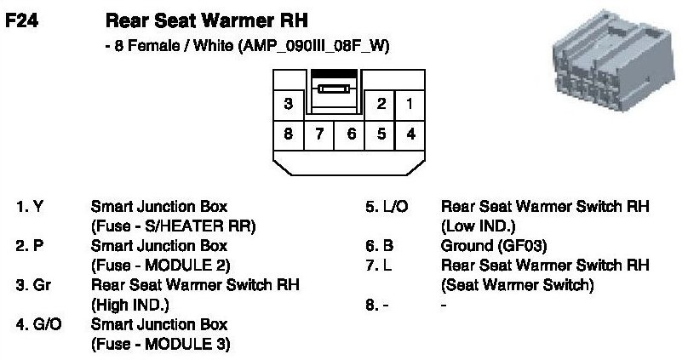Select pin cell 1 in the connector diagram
point(410,105)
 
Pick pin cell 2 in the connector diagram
point(381,105)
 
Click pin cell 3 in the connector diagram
point(288,105)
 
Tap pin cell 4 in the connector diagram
point(410,134)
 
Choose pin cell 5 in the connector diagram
point(381,134)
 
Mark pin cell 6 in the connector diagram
point(350,134)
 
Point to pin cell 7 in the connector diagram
point(319,134)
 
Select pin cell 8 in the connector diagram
point(288,134)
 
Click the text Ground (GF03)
point(493,245)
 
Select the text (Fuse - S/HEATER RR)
point(174,226)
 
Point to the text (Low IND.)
point(479,226)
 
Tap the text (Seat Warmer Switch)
point(517,284)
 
